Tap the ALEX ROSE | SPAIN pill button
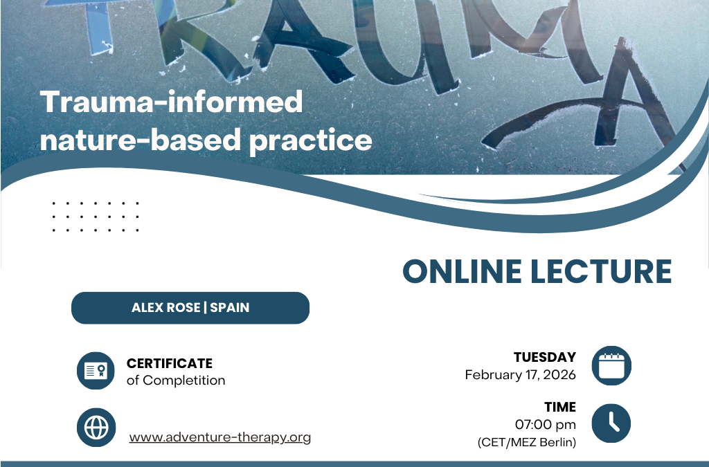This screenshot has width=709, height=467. coord(190,308)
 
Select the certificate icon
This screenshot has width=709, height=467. coord(96,371)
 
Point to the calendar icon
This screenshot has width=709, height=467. coord(611,365)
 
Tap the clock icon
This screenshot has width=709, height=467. coord(611,423)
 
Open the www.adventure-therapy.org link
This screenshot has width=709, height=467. coord(220,437)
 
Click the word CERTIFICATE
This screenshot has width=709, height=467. coord(169,363)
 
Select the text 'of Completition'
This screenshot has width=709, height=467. coord(176,380)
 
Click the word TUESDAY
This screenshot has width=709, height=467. coord(545,358)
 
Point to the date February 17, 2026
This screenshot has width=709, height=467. coord(520,375)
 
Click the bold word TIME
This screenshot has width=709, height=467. coord(560,407)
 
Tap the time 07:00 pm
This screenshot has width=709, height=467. coord(545,424)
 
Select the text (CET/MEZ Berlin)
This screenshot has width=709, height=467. coord(527,442)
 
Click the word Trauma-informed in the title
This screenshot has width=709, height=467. coord(172,102)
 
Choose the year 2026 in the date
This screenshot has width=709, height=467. coord(559,375)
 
